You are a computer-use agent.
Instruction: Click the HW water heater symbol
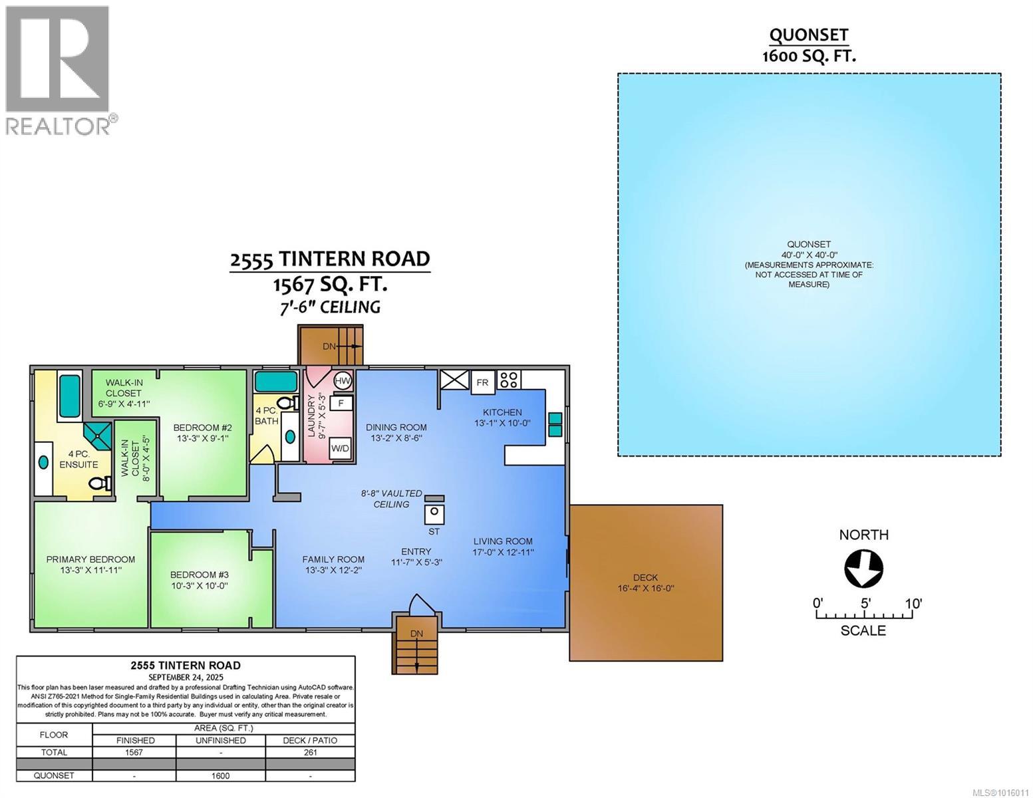(343, 381)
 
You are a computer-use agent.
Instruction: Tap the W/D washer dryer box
(341, 448)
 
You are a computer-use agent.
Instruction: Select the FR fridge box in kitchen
(482, 382)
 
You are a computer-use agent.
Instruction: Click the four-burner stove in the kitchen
(509, 380)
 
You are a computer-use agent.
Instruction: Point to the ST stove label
(434, 531)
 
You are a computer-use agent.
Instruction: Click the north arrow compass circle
(863, 569)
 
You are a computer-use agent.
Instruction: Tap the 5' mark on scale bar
(865, 604)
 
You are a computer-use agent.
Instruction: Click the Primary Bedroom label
(90, 559)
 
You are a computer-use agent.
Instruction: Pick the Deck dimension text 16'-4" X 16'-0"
(645, 588)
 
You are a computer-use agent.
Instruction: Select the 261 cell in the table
(310, 752)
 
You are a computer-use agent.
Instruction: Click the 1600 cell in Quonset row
(220, 775)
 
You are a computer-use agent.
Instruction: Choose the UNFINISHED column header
(220, 740)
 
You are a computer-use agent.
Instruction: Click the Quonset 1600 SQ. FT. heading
(808, 45)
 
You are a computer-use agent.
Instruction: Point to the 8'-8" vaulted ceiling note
(391, 499)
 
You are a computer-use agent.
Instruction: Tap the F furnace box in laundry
(341, 403)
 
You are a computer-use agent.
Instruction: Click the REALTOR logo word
(59, 126)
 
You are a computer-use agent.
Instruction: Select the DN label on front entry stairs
(416, 634)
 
